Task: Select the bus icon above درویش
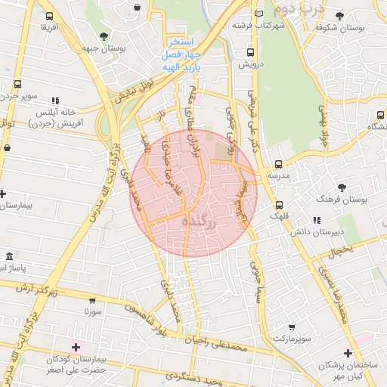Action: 249,52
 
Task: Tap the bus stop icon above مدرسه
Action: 279,164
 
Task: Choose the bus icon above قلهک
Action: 280,204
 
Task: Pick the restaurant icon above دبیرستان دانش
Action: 316,221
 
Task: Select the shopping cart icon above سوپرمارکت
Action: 292,327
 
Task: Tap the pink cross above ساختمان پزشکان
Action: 347,353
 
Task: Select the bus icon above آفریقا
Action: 49,16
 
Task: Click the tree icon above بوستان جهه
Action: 104,35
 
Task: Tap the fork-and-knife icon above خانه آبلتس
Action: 54,100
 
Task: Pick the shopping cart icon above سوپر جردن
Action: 15,85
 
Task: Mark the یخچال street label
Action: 344,250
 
